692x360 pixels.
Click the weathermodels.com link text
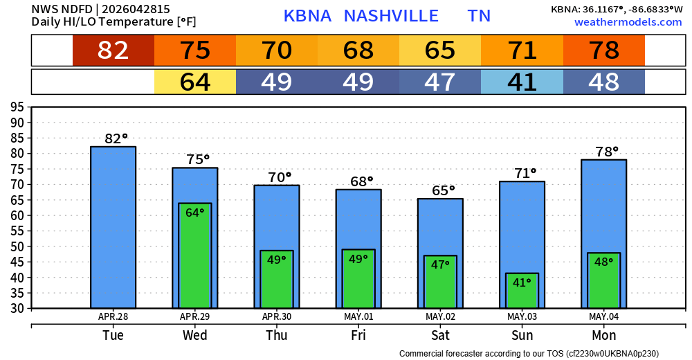[x=628, y=22]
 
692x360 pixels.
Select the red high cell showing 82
[x=113, y=51]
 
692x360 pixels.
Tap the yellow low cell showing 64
[x=195, y=82]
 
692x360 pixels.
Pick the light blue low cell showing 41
[x=522, y=82]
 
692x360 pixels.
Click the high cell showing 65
[x=440, y=51]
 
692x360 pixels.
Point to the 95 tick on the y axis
[x=17, y=107]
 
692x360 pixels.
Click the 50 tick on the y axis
[x=17, y=246]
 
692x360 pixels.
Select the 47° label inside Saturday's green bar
[x=440, y=264]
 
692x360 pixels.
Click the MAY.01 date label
[x=358, y=316]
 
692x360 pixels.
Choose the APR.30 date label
[x=277, y=316]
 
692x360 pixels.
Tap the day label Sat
[x=440, y=335]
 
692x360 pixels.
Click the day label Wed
[x=195, y=335]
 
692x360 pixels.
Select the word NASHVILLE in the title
[x=391, y=16]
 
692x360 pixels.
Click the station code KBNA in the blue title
[x=308, y=16]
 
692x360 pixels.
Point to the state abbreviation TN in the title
[x=479, y=16]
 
